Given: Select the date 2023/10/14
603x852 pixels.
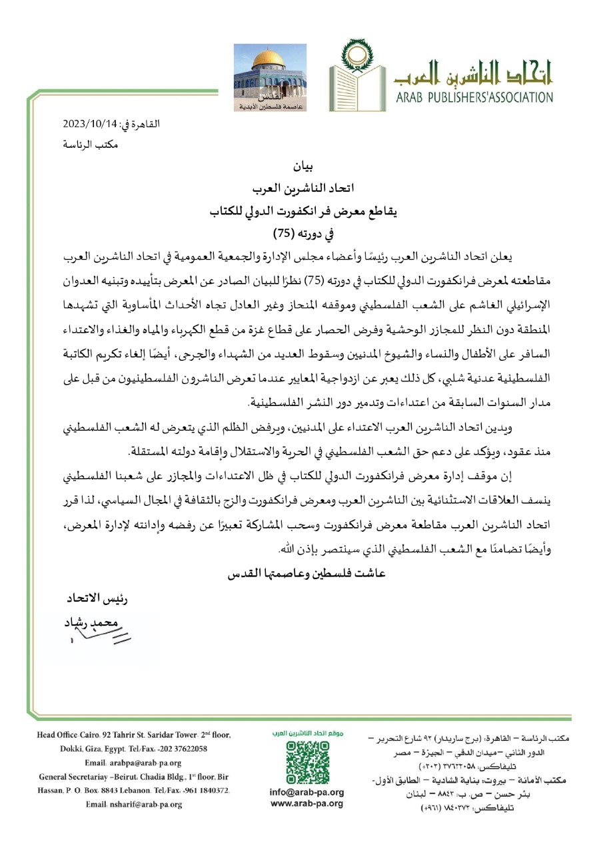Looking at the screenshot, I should click(90, 124).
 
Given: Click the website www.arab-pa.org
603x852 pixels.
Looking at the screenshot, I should click(306, 803).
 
